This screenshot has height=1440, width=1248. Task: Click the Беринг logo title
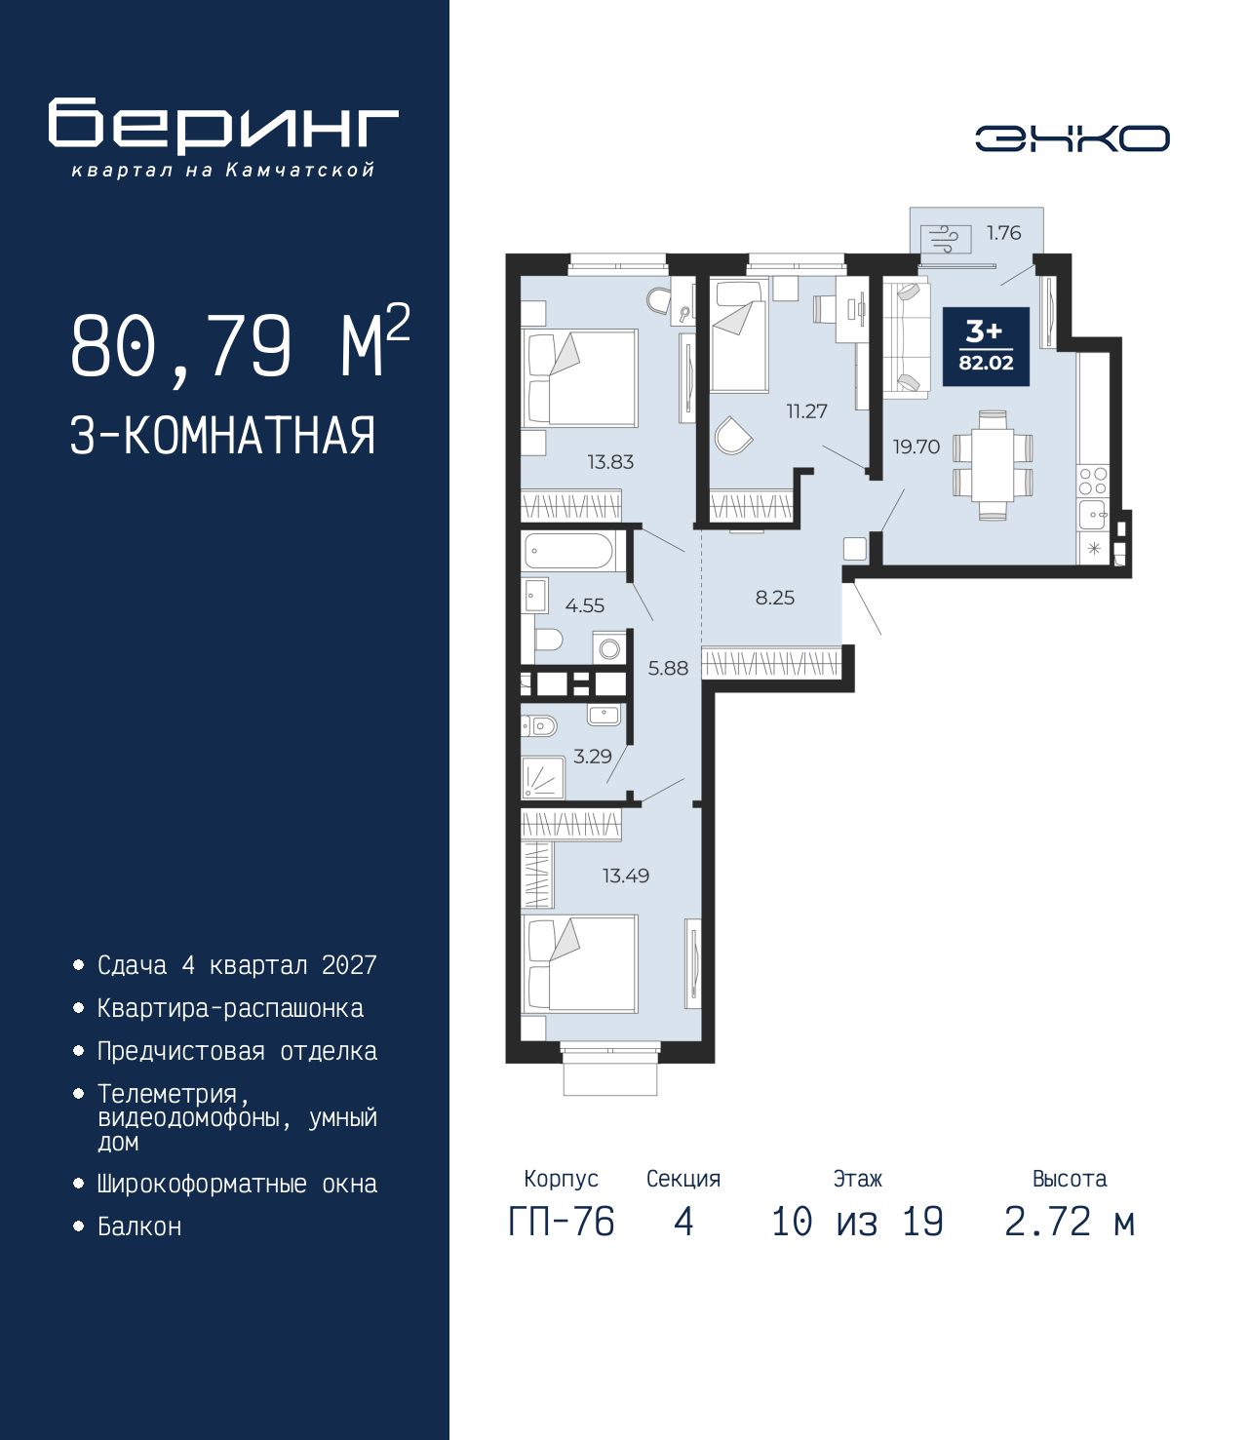(223, 123)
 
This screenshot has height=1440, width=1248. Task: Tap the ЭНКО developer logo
(1072, 138)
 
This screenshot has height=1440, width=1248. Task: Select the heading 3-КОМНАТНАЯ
(223, 436)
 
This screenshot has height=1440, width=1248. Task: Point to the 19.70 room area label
(916, 447)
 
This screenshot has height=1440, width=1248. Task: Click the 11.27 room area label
(807, 411)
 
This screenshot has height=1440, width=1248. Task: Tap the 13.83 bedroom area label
(610, 462)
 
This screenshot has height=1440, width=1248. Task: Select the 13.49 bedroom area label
(626, 876)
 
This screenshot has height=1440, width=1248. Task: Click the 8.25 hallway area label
(775, 598)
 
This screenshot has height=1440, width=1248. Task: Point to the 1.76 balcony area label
(1003, 233)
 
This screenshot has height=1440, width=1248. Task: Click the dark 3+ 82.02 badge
(986, 346)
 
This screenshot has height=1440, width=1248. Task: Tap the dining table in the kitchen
(993, 465)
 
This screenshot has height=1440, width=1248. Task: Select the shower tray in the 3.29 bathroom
(543, 777)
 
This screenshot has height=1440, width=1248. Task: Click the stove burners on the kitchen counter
(1093, 481)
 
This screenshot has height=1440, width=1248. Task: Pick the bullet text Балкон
(139, 1226)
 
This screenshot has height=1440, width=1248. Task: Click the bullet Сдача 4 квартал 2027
(237, 965)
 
